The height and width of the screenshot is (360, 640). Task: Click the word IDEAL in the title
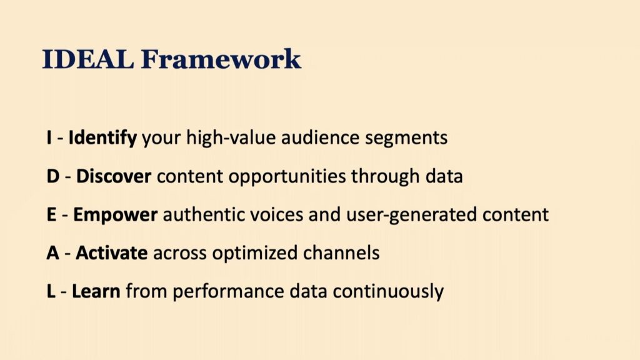pyautogui.click(x=87, y=59)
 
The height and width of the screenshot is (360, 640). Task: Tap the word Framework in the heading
pyautogui.click(x=221, y=59)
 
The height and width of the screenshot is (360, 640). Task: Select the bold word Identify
pyautogui.click(x=102, y=138)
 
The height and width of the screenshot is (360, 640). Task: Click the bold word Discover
pyautogui.click(x=114, y=176)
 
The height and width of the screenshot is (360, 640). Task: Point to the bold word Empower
pyautogui.click(x=115, y=215)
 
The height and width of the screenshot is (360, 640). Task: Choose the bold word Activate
pyautogui.click(x=111, y=253)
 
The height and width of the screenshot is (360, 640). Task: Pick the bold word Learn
pyautogui.click(x=96, y=291)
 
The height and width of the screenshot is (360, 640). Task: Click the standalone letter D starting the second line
pyautogui.click(x=53, y=176)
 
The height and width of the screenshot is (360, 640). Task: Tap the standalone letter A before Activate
pyautogui.click(x=52, y=253)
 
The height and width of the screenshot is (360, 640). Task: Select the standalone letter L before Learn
pyautogui.click(x=51, y=291)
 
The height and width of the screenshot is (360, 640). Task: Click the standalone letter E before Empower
pyautogui.click(x=51, y=215)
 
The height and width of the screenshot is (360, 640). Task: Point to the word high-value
pyautogui.click(x=231, y=138)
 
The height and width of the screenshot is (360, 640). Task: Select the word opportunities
pyautogui.click(x=287, y=177)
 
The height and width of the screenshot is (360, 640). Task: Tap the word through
pyautogui.click(x=385, y=177)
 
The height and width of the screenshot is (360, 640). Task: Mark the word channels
pyautogui.click(x=341, y=253)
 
